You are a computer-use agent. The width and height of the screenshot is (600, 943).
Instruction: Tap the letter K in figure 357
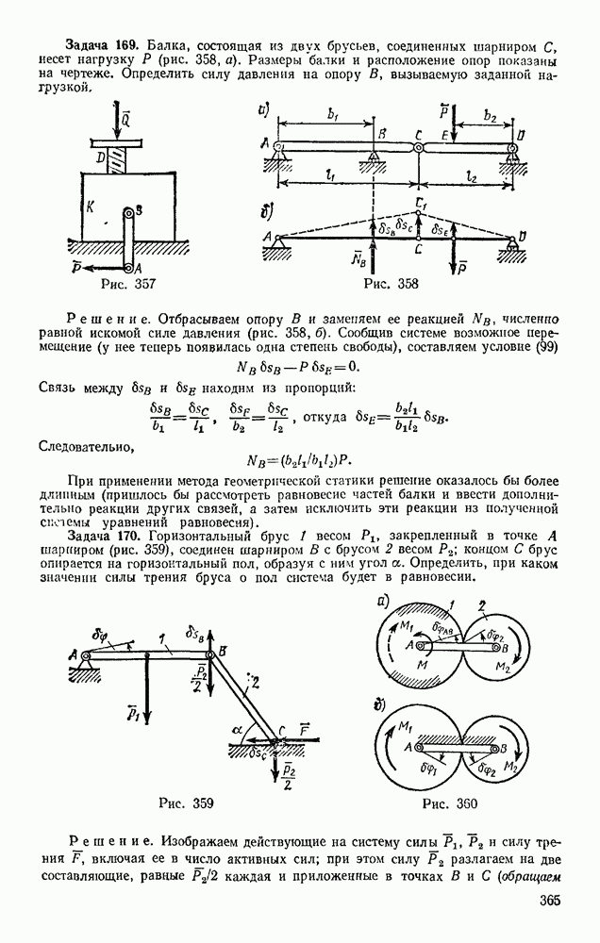(91, 209)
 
